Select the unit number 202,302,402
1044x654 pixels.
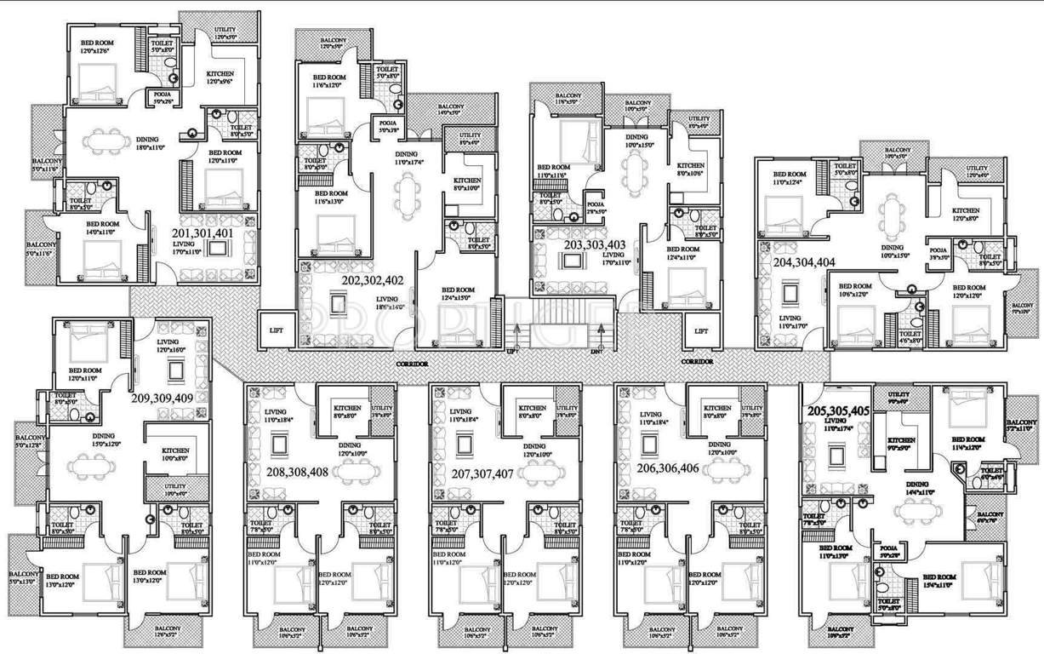(x=372, y=280)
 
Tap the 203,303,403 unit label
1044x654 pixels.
(x=595, y=245)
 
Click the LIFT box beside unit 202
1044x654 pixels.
(x=277, y=330)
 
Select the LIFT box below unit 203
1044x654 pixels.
(x=699, y=330)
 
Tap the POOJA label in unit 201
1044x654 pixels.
(x=161, y=95)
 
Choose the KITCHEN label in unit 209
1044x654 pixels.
(x=175, y=450)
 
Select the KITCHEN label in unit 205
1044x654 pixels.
(x=901, y=441)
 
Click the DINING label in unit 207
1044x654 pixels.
(x=534, y=446)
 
